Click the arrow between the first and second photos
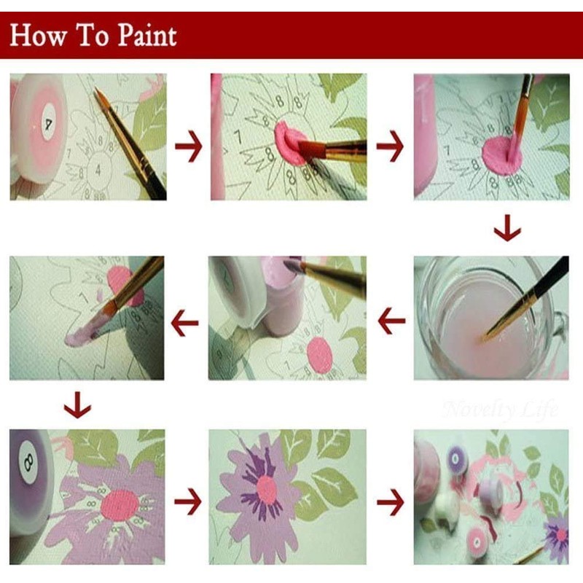188,148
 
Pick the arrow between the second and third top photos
390,148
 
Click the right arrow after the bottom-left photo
188,501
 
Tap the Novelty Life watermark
499,409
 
